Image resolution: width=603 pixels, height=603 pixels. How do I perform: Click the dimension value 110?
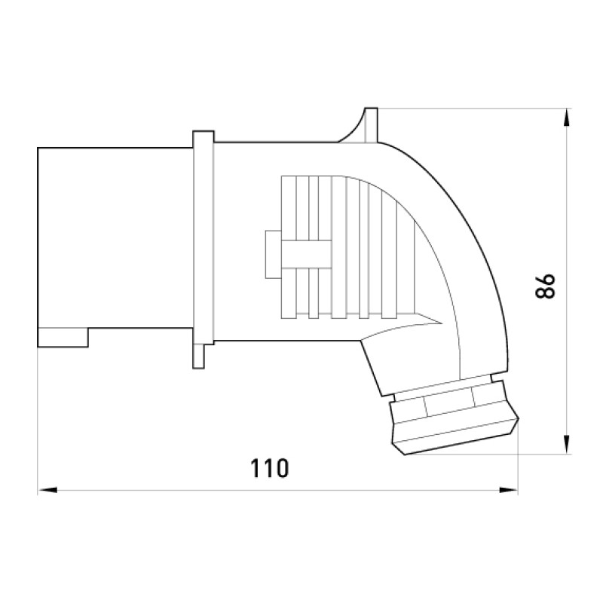pos(269,468)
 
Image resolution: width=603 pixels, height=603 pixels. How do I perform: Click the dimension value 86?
pos(545,286)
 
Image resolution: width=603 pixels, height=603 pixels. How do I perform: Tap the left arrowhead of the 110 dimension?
pos(47,490)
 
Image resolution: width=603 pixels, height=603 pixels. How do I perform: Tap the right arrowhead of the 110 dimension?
pos(508,490)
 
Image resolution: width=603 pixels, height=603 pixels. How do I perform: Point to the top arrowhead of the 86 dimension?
pos(567,118)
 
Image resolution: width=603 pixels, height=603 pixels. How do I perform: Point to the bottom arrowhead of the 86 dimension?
pos(567,445)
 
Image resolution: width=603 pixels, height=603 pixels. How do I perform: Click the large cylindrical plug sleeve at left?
pos(115,246)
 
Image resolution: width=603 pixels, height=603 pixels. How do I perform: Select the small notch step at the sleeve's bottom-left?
pos(63,337)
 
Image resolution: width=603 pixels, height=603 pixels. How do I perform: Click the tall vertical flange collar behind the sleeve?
pos(204,237)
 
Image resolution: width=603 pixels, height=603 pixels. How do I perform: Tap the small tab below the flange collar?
pos(198,357)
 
